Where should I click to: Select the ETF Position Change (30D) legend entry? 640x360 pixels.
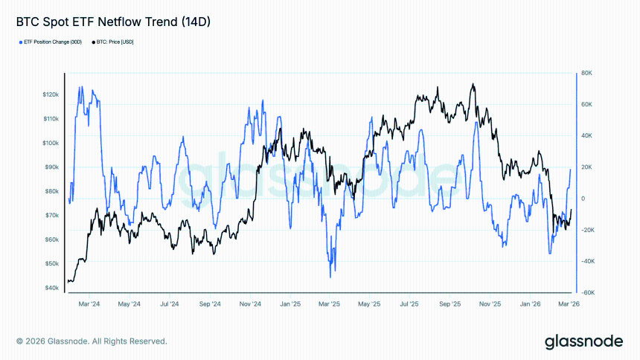point(51,42)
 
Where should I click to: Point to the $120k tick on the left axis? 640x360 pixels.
point(51,94)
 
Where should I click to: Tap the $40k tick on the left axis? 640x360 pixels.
point(52,288)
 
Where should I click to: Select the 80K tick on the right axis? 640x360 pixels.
point(586,73)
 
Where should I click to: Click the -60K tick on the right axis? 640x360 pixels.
point(586,292)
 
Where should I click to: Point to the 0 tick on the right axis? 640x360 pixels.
point(583,199)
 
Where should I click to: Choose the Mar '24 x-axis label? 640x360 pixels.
point(89,304)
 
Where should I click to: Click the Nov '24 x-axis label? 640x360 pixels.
point(250,304)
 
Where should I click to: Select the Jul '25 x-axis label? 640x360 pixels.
point(409,304)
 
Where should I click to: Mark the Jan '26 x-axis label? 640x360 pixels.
point(530,304)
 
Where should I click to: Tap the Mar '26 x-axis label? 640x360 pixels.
point(569,304)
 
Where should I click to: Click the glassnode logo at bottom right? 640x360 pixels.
point(583,341)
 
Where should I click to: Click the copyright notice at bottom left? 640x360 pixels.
point(92,341)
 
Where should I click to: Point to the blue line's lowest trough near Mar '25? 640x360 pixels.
point(330,277)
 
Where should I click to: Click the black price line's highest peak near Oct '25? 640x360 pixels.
point(472,84)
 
